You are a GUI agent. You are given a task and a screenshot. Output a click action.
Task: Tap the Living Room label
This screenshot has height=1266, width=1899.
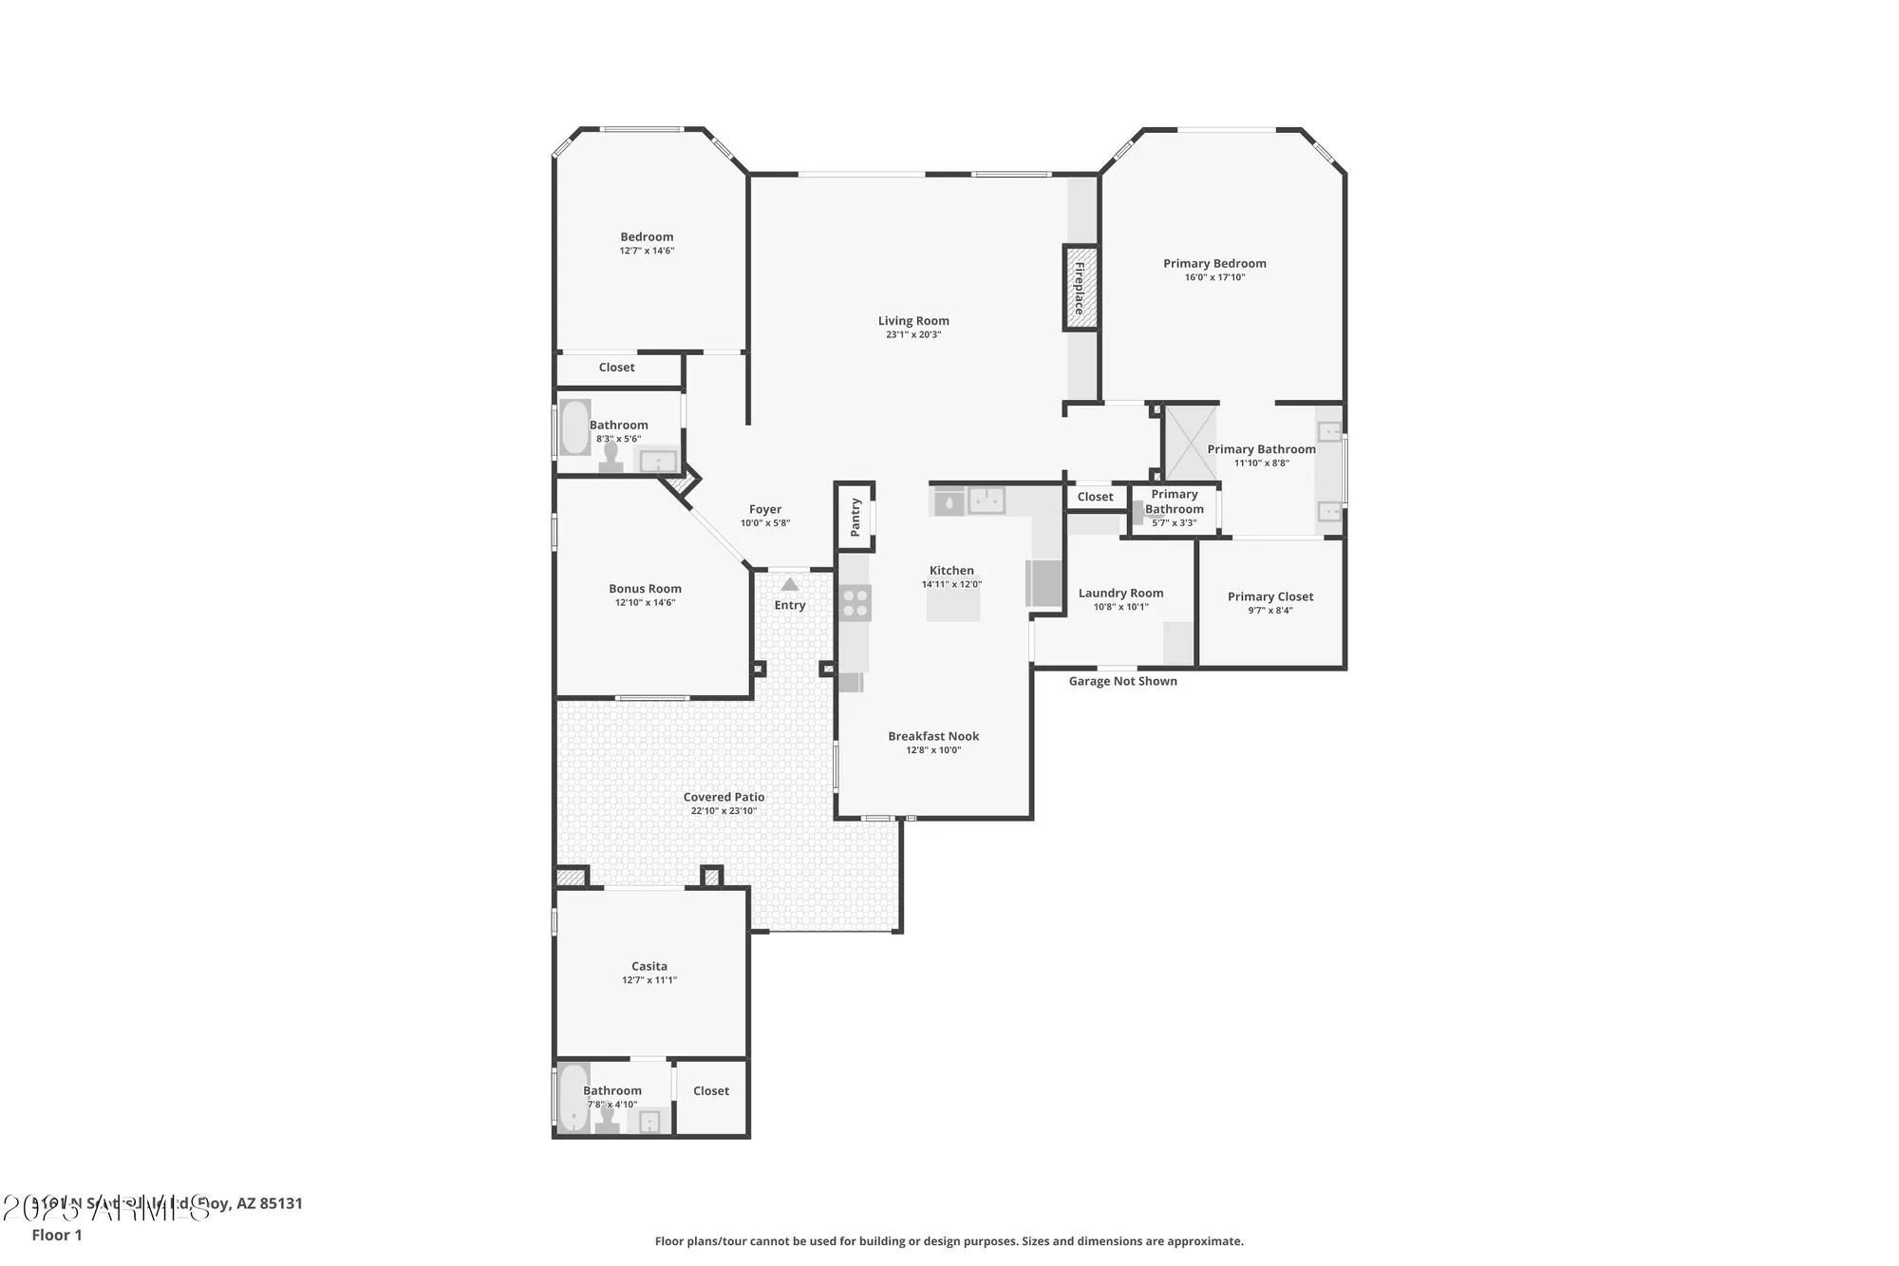tap(913, 321)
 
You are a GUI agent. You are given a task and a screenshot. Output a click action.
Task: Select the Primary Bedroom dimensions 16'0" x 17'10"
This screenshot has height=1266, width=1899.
tap(1214, 277)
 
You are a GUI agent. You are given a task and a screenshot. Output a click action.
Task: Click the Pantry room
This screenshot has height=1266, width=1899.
tap(855, 517)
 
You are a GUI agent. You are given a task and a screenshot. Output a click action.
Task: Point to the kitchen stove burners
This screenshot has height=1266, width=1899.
tap(855, 603)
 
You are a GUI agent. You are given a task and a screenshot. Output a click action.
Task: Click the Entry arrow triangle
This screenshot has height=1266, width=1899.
tap(790, 584)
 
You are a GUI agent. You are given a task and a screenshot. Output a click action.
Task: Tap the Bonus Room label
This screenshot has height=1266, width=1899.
tap(645, 589)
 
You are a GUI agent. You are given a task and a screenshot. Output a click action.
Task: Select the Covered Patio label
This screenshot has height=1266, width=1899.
tap(724, 797)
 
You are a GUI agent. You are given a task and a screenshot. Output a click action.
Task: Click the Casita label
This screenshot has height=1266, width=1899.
tap(649, 966)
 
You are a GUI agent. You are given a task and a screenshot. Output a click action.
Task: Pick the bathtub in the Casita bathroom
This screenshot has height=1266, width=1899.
tap(573, 1098)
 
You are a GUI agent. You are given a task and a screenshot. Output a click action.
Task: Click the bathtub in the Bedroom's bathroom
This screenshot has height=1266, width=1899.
tap(574, 427)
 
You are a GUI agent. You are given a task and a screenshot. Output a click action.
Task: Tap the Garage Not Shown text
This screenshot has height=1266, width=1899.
tap(1122, 681)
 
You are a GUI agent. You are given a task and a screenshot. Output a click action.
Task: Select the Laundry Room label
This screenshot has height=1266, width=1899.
tap(1120, 593)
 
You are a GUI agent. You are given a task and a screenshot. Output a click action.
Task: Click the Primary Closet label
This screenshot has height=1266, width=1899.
tap(1270, 596)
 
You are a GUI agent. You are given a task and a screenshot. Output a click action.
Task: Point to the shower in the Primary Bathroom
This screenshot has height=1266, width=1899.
tap(1191, 443)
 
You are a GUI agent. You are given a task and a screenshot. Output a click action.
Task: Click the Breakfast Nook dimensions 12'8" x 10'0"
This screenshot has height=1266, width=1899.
tap(933, 750)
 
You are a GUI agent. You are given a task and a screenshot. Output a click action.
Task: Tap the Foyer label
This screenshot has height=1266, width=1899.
tap(765, 509)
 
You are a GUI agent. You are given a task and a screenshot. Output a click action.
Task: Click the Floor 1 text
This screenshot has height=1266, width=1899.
tap(57, 1235)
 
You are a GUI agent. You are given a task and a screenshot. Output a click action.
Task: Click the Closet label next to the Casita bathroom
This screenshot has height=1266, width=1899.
tap(711, 1090)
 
